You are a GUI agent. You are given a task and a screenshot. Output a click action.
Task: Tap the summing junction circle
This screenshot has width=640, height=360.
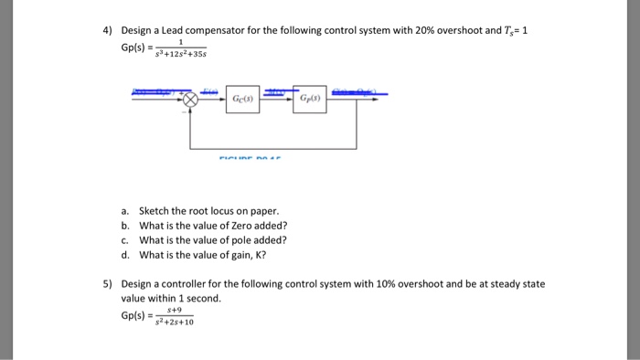click(x=190, y=98)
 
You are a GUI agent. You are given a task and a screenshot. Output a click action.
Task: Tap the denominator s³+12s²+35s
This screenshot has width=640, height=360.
click(x=181, y=54)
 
